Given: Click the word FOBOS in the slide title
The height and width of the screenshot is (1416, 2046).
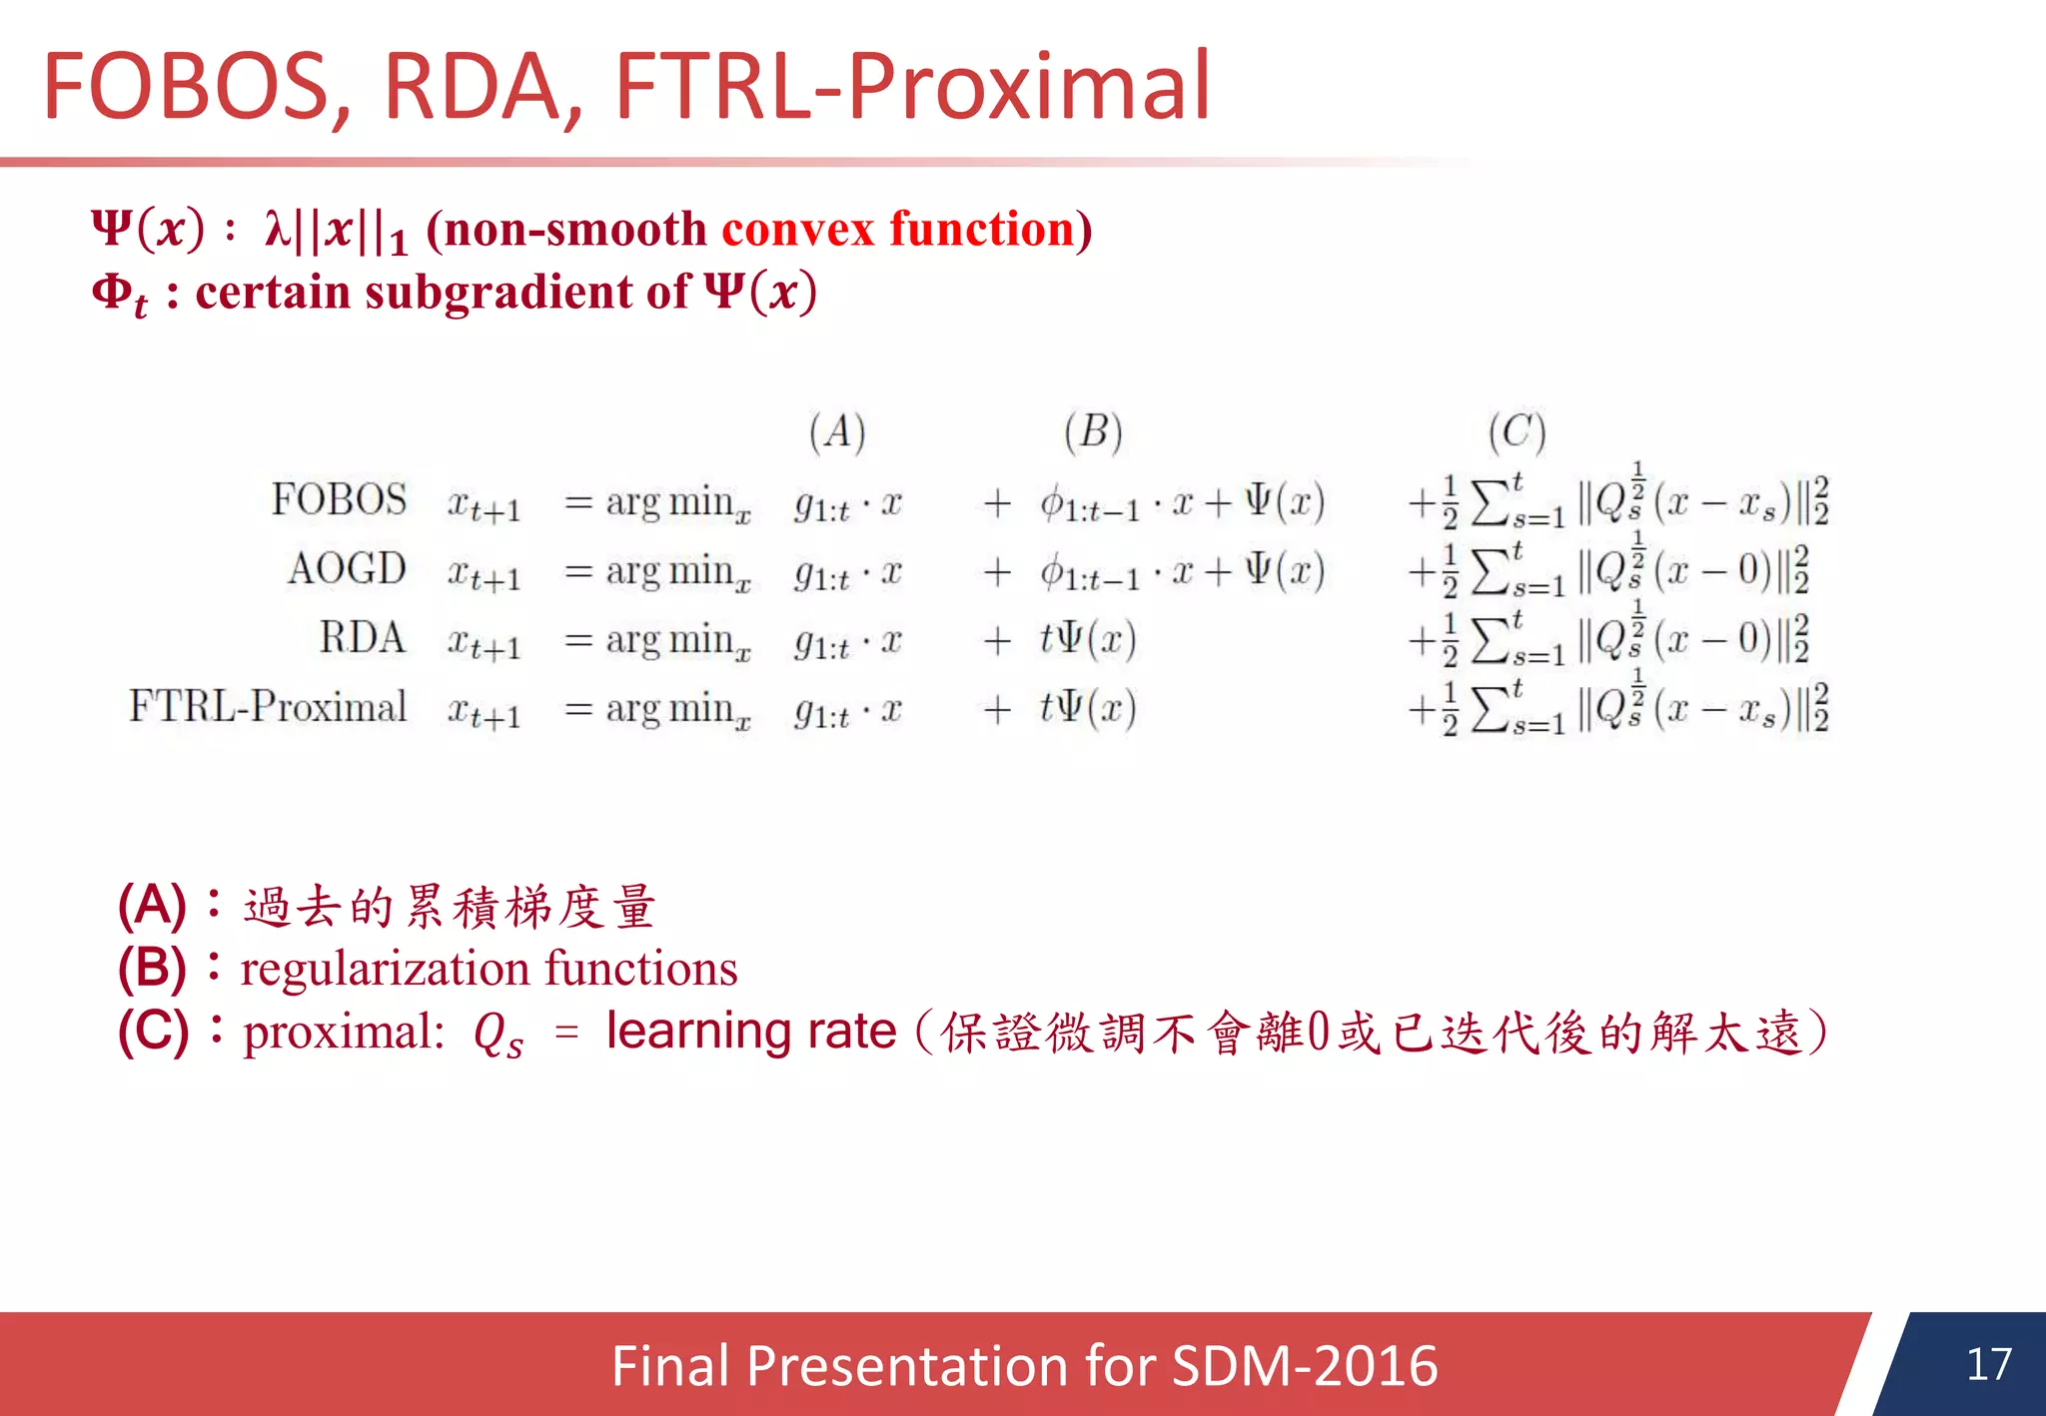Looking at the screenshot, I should tap(186, 88).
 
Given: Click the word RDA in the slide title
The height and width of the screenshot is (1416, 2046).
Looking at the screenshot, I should tap(470, 88).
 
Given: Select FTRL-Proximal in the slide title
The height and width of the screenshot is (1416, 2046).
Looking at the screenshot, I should tap(912, 88).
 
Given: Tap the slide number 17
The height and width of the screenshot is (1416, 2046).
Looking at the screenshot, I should tap(1988, 1364).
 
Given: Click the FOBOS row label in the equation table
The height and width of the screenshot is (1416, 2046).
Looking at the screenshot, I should tap(339, 499).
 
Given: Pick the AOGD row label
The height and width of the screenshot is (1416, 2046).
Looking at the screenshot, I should tap(347, 569).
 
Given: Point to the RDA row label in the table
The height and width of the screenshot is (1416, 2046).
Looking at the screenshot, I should tap(362, 638).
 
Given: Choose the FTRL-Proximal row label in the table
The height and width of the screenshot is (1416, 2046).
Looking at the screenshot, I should tap(268, 707).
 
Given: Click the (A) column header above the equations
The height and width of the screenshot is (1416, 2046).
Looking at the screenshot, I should tap(837, 432).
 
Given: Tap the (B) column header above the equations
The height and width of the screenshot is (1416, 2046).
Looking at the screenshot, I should tap(1093, 432).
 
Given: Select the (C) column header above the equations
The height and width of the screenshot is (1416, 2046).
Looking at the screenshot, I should tap(1517, 432).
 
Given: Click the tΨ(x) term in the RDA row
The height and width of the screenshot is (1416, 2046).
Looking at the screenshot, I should tap(1088, 639).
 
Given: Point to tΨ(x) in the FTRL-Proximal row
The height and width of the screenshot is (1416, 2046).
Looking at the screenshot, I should tap(1088, 708).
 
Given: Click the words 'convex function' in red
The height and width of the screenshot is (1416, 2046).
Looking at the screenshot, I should tap(898, 229).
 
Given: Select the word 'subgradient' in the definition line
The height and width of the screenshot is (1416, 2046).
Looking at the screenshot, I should tap(498, 293).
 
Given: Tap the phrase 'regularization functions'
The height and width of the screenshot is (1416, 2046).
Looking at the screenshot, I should tap(489, 969).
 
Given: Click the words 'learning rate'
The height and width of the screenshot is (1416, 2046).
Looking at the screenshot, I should tap(751, 1032).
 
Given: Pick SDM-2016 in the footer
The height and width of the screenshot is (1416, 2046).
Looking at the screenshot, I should tap(1305, 1366).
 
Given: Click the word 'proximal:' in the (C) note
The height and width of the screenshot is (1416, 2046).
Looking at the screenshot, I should tap(344, 1033).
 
